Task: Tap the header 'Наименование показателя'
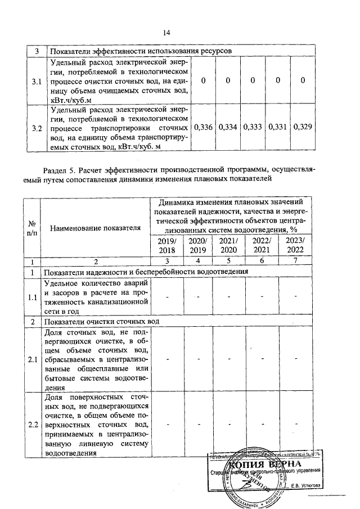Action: [x=95, y=228]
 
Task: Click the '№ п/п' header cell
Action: [x=32, y=228]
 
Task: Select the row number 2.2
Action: [x=32, y=424]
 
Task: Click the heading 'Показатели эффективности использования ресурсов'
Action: [x=141, y=51]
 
